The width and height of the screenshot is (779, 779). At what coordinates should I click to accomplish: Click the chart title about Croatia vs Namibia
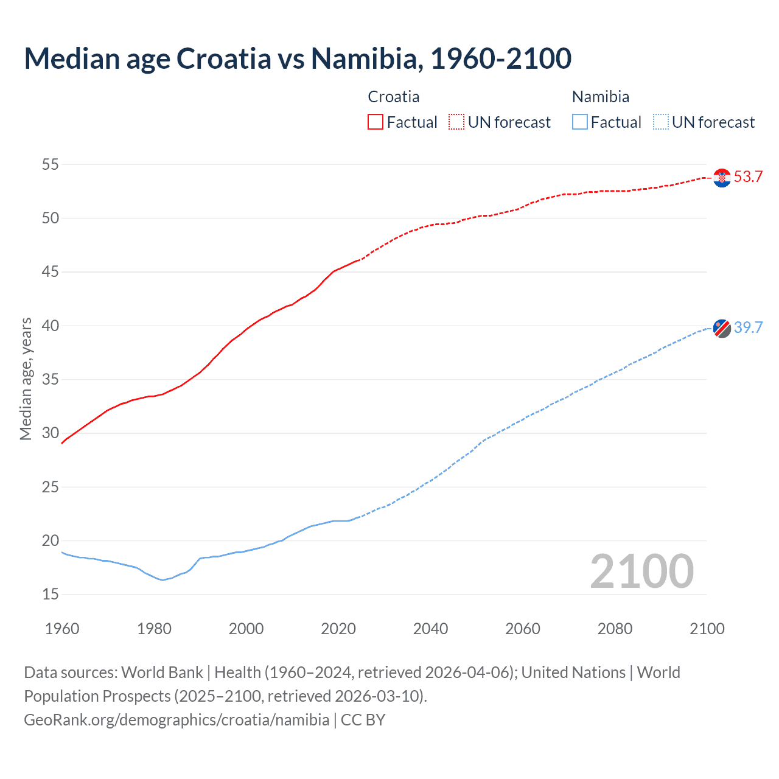coord(298,58)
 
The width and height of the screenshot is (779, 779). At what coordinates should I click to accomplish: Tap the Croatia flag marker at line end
coord(722,177)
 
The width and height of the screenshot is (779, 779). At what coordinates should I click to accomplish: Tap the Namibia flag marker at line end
coord(722,328)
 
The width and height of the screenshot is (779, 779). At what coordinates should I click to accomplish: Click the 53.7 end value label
coord(748,177)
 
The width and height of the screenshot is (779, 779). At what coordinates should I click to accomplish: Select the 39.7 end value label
coord(748,328)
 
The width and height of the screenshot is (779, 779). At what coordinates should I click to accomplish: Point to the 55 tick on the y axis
coord(51,164)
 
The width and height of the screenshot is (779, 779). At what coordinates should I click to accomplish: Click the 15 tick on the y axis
coord(51,594)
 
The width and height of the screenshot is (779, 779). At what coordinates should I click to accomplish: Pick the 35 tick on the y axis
coord(51,379)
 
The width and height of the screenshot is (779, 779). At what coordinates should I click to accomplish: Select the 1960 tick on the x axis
coord(62,629)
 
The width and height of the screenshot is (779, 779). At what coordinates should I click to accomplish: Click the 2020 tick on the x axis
coord(338,629)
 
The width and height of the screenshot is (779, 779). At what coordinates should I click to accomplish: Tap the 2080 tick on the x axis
coord(615,629)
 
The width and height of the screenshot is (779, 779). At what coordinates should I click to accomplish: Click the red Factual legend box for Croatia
coord(376,122)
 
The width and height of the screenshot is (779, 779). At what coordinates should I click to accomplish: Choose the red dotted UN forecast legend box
coord(456,122)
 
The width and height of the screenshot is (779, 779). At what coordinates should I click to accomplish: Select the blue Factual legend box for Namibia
coord(580,122)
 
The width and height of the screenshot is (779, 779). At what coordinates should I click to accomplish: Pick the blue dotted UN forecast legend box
coord(660,122)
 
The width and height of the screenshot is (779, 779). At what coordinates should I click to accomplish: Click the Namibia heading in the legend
coord(601,97)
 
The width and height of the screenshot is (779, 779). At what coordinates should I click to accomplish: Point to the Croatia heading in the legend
coord(394,97)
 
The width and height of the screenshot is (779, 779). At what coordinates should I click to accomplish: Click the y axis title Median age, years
coord(26,379)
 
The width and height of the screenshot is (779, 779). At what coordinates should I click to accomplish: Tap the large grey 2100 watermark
coord(641,571)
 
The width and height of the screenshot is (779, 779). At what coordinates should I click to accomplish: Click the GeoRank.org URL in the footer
coord(176,720)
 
